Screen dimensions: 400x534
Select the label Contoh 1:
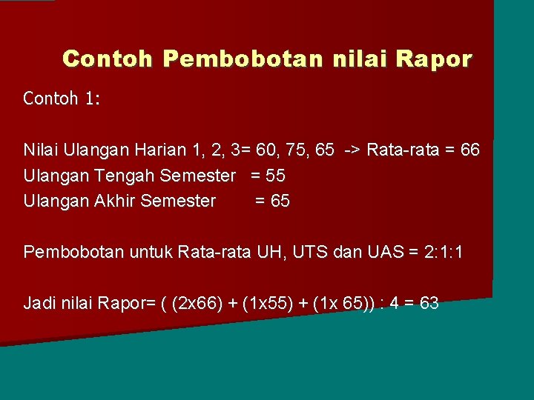click(x=62, y=99)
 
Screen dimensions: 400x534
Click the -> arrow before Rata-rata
click(x=352, y=150)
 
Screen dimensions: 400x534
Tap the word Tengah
click(x=119, y=176)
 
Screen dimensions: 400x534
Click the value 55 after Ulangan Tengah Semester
click(x=275, y=176)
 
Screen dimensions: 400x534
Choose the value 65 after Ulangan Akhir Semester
click(x=280, y=201)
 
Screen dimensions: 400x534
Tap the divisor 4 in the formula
click(x=390, y=303)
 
